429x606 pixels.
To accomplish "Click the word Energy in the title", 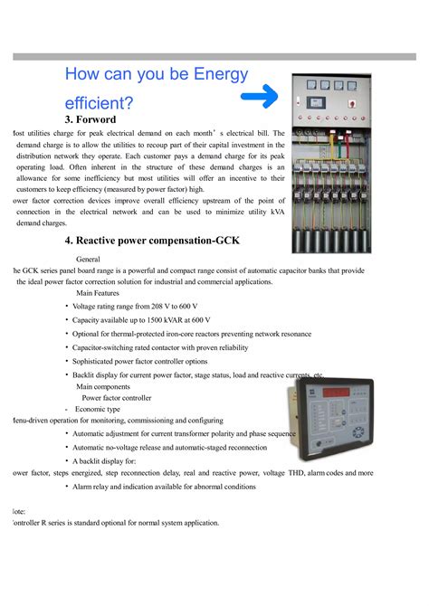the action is (207, 75).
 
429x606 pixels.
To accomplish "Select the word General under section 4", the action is (94, 258).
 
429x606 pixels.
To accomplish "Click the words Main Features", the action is (98, 293).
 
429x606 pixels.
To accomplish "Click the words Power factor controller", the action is (117, 397).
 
